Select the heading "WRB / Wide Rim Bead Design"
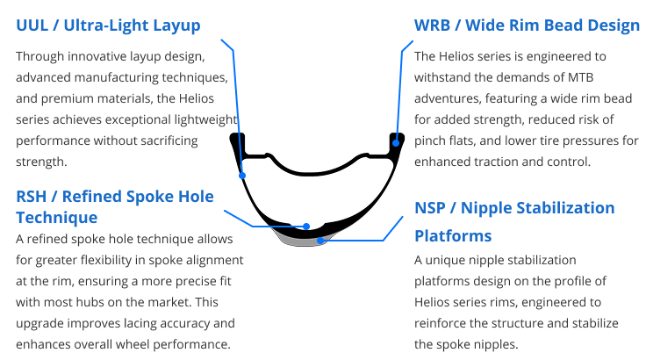point(527,25)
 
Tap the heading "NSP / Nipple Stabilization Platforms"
point(514,221)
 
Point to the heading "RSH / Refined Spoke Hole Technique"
point(115,205)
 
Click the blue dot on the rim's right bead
point(397,142)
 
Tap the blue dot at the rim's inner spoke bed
point(306,226)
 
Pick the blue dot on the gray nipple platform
point(321,239)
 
